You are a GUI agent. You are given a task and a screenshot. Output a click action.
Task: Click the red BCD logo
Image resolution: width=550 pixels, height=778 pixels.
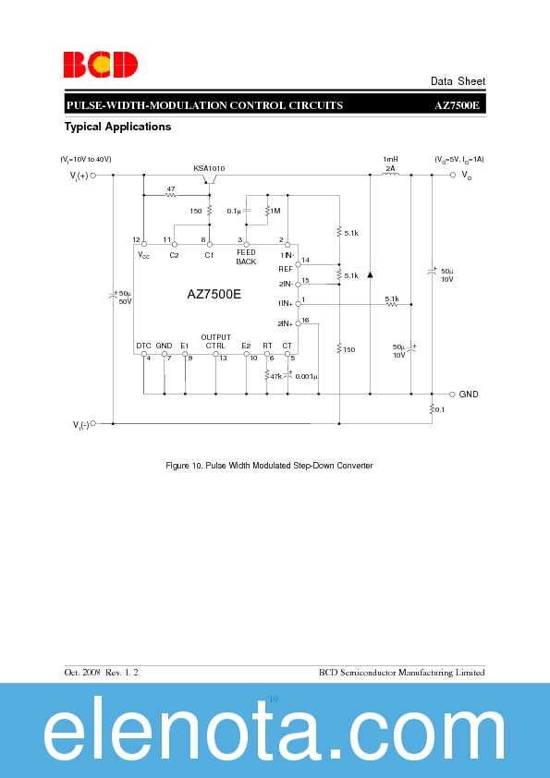pos(101,64)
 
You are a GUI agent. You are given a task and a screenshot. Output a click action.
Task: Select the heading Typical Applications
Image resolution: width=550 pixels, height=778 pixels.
pos(117,127)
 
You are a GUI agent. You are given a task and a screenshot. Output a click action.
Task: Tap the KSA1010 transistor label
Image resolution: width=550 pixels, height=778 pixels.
pos(209,168)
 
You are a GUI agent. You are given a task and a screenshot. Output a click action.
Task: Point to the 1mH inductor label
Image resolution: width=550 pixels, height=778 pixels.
pos(390,160)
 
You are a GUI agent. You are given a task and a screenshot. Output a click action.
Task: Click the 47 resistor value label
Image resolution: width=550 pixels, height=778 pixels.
pos(170,188)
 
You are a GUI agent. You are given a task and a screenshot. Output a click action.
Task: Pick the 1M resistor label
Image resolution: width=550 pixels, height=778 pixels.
pos(275,211)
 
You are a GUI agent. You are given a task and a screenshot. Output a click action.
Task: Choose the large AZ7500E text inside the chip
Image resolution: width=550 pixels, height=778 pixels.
pos(214,295)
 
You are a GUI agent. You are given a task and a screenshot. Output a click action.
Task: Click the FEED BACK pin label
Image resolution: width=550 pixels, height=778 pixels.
pos(246,257)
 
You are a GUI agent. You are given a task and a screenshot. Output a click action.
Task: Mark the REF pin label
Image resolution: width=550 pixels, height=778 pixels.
pos(286,269)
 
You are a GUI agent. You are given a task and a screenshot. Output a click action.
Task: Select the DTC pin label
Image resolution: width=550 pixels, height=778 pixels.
pos(143,346)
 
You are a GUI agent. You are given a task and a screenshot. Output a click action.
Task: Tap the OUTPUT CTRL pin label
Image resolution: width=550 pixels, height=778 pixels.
pos(215,341)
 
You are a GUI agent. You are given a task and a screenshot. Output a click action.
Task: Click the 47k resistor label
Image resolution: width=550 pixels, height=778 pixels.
pos(275,376)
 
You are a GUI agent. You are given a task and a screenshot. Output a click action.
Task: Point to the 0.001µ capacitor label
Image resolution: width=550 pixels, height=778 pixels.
pos(306,376)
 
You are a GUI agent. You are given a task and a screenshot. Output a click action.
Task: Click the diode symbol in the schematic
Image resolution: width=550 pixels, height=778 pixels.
pos(370,274)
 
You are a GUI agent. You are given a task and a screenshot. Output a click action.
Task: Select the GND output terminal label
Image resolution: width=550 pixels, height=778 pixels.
pos(469,394)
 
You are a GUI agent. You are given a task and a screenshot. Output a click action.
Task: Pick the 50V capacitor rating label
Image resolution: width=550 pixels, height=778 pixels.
pos(125,301)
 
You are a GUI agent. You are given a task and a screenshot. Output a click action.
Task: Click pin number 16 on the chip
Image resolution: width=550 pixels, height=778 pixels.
pos(305,319)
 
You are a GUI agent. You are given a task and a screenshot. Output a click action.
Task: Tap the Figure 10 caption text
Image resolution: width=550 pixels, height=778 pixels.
pos(269,466)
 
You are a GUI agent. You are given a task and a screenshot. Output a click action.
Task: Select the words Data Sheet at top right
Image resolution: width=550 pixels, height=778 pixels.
pos(458,81)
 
